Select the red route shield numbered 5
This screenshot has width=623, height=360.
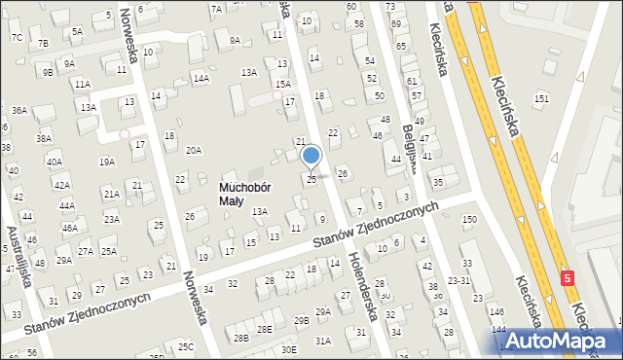tap(568, 278)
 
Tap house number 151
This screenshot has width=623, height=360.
tap(541, 99)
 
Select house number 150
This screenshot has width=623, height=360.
tap(469, 220)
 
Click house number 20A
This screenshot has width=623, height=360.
tap(194, 150)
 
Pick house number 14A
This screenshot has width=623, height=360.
tap(201, 78)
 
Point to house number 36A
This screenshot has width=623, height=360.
tap(19, 111)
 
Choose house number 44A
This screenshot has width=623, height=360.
tap(66, 206)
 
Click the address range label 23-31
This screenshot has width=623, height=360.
tap(458, 280)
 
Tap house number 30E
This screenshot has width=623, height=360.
tap(288, 349)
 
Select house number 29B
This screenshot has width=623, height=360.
tap(302, 320)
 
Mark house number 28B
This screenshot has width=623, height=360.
tap(240, 338)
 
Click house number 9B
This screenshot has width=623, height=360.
tap(47, 71)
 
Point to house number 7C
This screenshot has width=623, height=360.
tap(17, 37)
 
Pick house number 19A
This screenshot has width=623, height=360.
tap(106, 162)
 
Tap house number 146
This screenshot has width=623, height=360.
tap(497, 311)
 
